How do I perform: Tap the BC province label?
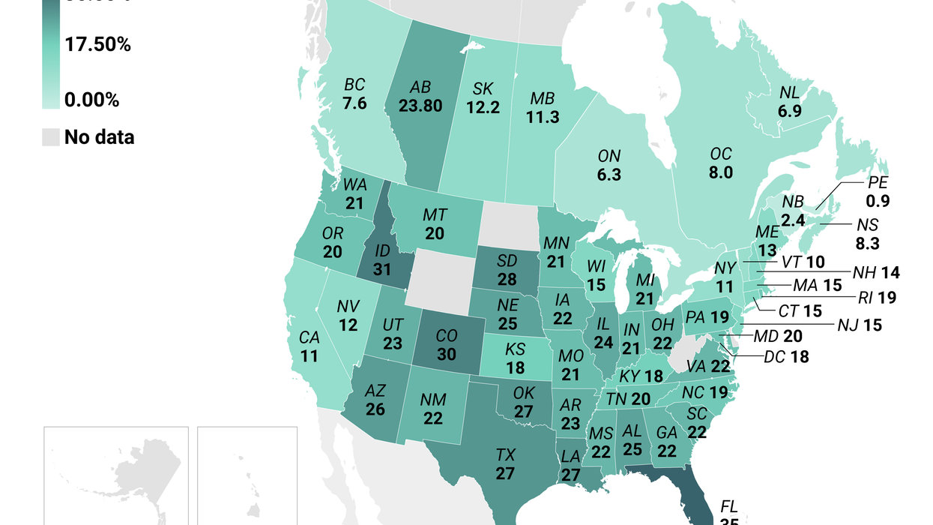tap(354, 84)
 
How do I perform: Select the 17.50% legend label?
tap(97, 45)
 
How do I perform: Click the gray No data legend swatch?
tap(50, 136)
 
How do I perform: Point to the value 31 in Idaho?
tap(381, 268)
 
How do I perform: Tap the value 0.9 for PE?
tap(877, 201)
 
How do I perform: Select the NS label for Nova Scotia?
tap(868, 224)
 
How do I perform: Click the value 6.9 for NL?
tap(788, 109)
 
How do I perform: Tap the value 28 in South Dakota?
tap(507, 279)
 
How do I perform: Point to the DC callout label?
tap(774, 358)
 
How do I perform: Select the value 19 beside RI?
tap(887, 297)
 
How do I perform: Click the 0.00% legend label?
tap(91, 100)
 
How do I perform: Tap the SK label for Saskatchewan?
tap(483, 89)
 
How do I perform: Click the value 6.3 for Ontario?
tap(609, 175)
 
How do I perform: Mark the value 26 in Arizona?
tap(375, 409)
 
